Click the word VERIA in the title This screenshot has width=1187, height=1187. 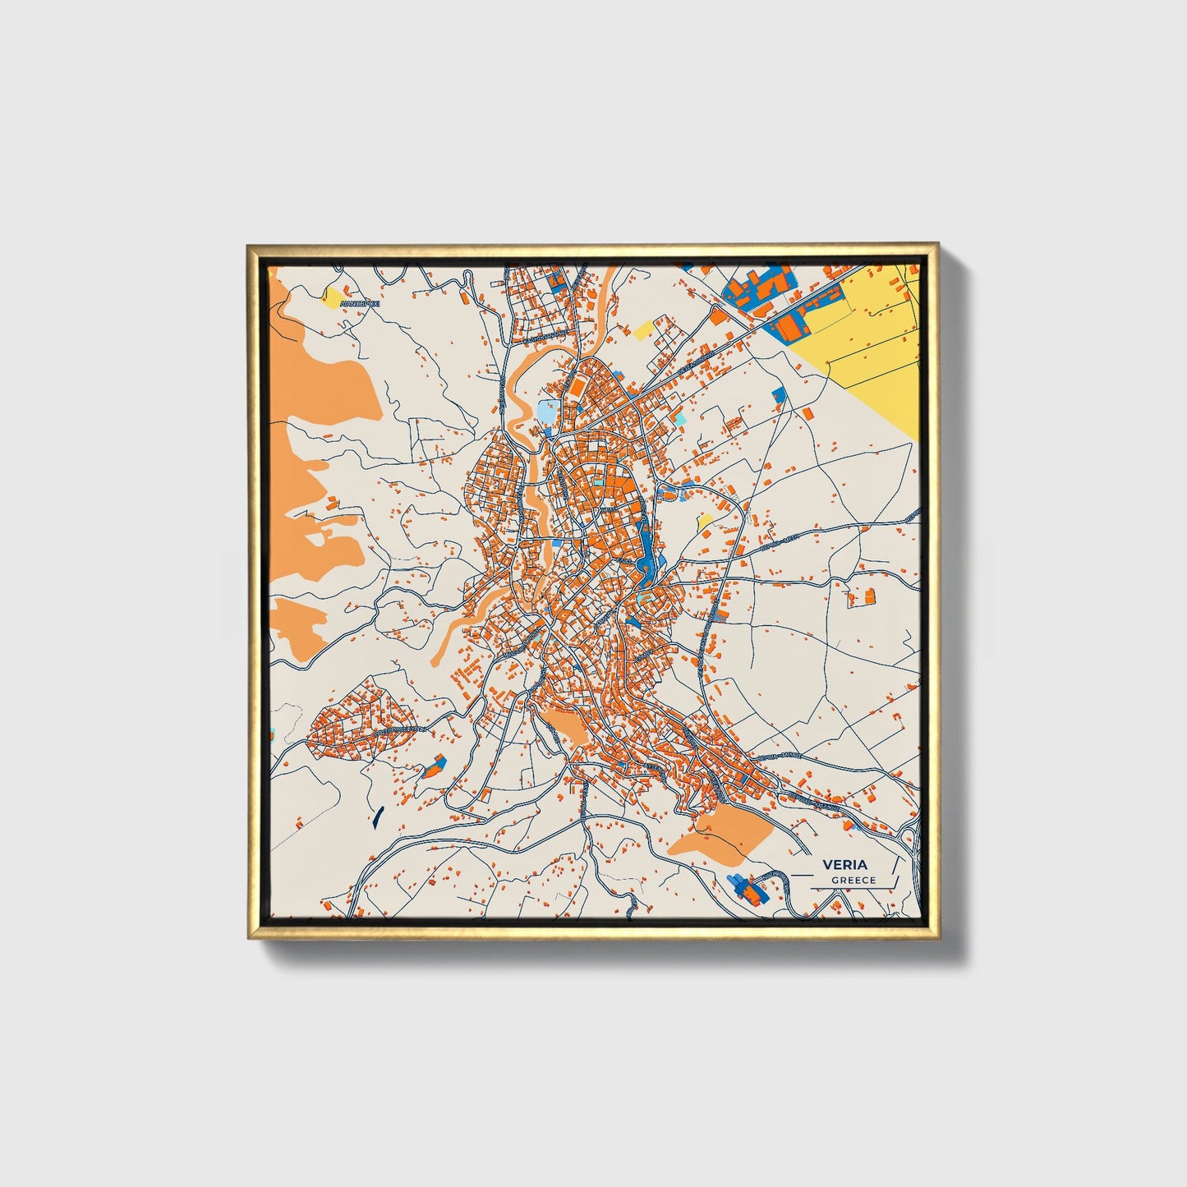pyautogui.click(x=845, y=864)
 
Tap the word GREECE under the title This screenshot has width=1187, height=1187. pyautogui.click(x=853, y=881)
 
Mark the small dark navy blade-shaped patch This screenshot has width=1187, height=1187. pyautogui.click(x=377, y=816)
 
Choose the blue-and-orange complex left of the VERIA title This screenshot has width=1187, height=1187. pyautogui.click(x=744, y=886)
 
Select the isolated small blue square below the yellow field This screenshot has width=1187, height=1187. pyautogui.click(x=778, y=395)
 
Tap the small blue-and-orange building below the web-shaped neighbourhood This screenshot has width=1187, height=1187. pyautogui.click(x=433, y=769)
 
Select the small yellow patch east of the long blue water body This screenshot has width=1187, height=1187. pyautogui.click(x=705, y=521)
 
